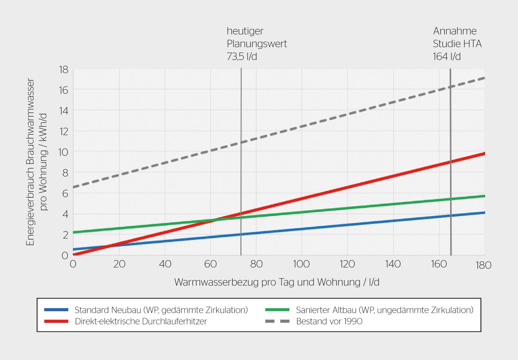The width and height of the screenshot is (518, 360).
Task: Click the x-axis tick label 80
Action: (256, 264)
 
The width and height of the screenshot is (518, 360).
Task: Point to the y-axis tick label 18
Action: (64, 70)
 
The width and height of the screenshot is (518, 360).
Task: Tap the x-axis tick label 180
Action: (483, 265)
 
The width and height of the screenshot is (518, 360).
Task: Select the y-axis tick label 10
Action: (63, 152)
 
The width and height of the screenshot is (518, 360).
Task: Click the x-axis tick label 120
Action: (347, 264)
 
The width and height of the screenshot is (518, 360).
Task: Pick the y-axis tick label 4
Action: (65, 214)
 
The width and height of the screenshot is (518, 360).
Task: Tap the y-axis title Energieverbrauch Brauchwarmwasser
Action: (30, 162)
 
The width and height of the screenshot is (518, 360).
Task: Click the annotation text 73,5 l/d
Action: (242, 57)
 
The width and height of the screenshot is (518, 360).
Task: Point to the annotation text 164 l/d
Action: (447, 57)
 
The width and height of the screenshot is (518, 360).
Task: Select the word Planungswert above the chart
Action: (257, 44)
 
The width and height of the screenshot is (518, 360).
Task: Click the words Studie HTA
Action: (457, 44)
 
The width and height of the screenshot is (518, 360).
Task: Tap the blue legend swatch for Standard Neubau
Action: (56, 310)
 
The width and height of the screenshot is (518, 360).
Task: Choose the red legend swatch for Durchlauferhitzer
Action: (56, 321)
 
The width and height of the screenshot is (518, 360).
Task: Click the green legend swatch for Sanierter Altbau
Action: (277, 310)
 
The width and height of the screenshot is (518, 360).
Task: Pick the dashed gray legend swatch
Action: (277, 321)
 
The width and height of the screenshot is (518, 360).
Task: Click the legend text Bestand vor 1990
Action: (329, 321)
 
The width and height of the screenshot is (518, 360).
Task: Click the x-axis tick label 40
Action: (165, 264)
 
